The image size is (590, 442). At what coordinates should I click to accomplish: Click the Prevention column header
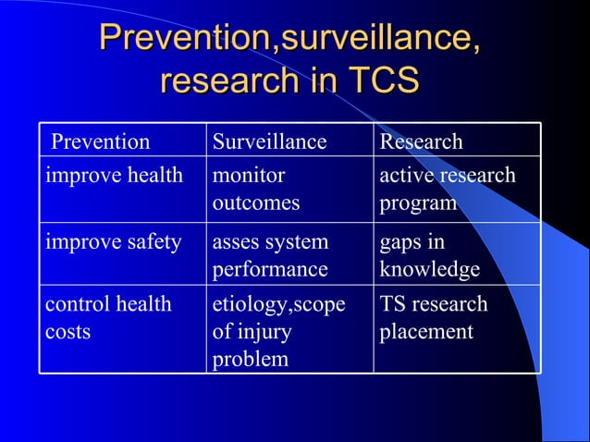pyautogui.click(x=100, y=141)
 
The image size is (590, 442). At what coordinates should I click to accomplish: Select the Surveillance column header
pyautogui.click(x=269, y=141)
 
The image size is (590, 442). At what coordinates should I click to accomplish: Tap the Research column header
pyautogui.click(x=421, y=141)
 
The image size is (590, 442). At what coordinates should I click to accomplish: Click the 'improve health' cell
pyautogui.click(x=115, y=175)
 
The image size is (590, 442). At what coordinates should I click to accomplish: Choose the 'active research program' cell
pyautogui.click(x=448, y=189)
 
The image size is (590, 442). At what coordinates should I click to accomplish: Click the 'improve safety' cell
pyautogui.click(x=113, y=242)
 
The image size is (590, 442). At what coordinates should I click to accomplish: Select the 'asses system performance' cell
pyautogui.click(x=270, y=255)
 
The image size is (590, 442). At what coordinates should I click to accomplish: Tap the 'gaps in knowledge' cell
pyautogui.click(x=430, y=255)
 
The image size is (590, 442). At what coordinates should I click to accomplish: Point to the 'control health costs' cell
pyautogui.click(x=109, y=317)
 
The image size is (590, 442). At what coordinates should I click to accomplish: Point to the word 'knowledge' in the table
pyautogui.click(x=430, y=269)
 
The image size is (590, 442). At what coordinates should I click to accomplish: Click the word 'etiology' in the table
pyautogui.click(x=244, y=304)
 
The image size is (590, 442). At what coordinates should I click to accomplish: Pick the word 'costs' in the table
pyautogui.click(x=68, y=331)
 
